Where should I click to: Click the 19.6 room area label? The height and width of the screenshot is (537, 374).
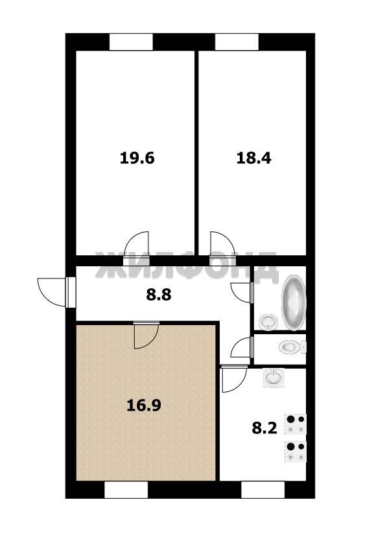pyautogui.click(x=137, y=158)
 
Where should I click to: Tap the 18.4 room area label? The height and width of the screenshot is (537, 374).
pyautogui.click(x=254, y=158)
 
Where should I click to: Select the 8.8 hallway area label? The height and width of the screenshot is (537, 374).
pyautogui.click(x=159, y=295)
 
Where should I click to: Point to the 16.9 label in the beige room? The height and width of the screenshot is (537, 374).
pyautogui.click(x=144, y=406)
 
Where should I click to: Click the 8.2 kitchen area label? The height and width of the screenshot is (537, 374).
pyautogui.click(x=264, y=428)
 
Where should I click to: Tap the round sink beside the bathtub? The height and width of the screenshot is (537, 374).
pyautogui.click(x=268, y=323)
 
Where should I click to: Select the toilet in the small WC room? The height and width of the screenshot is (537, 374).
pyautogui.click(x=292, y=347)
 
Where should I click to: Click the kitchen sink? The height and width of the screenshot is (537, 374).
pyautogui.click(x=274, y=378)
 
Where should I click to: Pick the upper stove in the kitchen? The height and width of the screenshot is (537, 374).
pyautogui.click(x=295, y=424)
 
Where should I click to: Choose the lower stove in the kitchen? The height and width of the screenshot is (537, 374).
pyautogui.click(x=295, y=451)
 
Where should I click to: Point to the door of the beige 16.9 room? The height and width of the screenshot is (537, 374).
pyautogui.click(x=146, y=335)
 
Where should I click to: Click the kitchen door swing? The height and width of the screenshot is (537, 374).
pyautogui.click(x=235, y=378)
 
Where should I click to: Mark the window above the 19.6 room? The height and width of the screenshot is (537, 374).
pyautogui.click(x=131, y=42)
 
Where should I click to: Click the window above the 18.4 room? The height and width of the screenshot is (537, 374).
pyautogui.click(x=237, y=42)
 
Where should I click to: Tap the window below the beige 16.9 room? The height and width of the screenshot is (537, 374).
pyautogui.click(x=126, y=490)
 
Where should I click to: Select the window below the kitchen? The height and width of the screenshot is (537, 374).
pyautogui.click(x=263, y=490)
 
